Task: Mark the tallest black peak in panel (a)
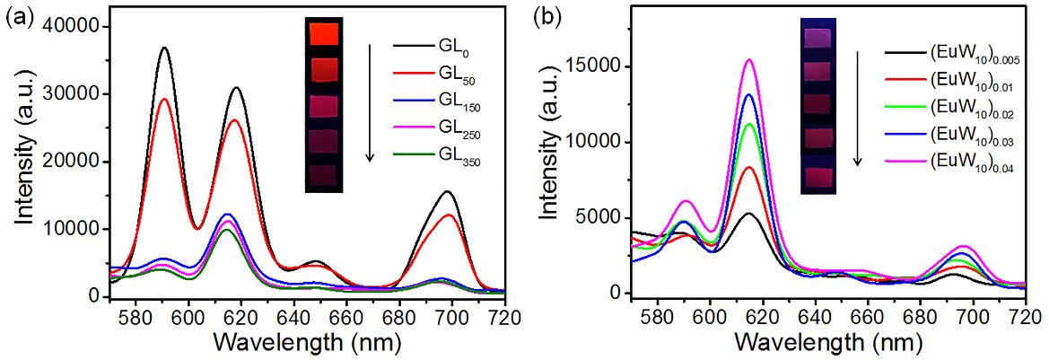[164, 48]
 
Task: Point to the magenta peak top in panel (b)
[748, 60]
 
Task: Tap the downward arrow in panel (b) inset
[858, 108]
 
